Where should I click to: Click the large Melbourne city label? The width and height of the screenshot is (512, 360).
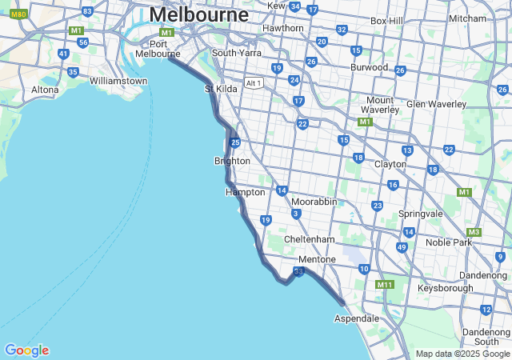pyautogui.click(x=198, y=14)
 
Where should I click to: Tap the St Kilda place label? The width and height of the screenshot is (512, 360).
pyautogui.click(x=221, y=89)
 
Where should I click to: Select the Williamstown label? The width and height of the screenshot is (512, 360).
pyautogui.click(x=118, y=81)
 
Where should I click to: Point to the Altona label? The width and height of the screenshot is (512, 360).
pyautogui.click(x=45, y=90)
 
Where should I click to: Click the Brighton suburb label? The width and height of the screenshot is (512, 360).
pyautogui.click(x=232, y=161)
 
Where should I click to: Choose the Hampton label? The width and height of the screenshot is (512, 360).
pyautogui.click(x=245, y=192)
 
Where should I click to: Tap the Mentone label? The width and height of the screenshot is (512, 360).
pyautogui.click(x=317, y=260)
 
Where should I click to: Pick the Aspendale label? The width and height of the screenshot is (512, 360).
pyautogui.click(x=357, y=318)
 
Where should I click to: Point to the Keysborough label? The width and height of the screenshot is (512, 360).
pyautogui.click(x=445, y=287)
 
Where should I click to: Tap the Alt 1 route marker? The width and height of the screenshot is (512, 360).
pyautogui.click(x=254, y=83)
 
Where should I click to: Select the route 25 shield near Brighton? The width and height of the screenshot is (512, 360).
pyautogui.click(x=235, y=142)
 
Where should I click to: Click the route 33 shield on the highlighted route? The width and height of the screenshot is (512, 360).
pyautogui.click(x=298, y=273)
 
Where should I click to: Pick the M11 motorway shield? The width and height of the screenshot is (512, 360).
pyautogui.click(x=385, y=284)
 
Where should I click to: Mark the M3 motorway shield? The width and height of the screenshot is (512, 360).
pyautogui.click(x=474, y=232)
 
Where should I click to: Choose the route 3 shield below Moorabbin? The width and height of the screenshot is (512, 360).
pyautogui.click(x=296, y=214)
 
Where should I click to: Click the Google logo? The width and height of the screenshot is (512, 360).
pyautogui.click(x=26, y=350)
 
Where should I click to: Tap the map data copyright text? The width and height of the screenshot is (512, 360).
pyautogui.click(x=462, y=354)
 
